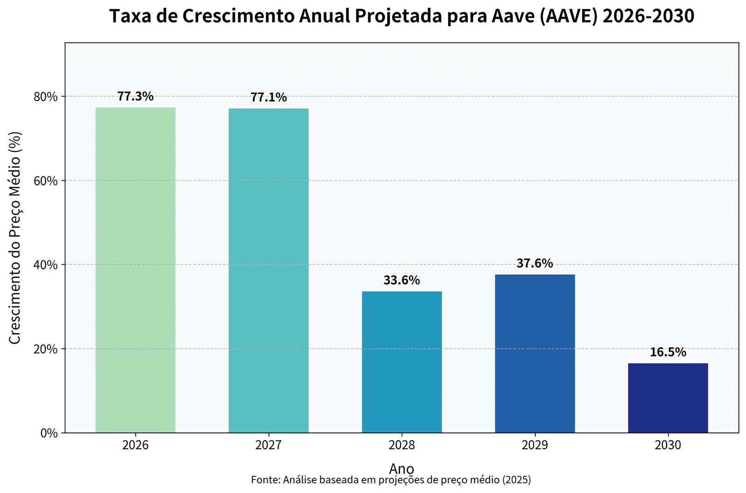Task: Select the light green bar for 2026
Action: click(x=135, y=270)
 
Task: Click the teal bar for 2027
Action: click(x=269, y=270)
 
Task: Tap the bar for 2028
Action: click(x=402, y=362)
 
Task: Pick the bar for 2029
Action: click(x=535, y=354)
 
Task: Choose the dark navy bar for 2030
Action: click(x=668, y=398)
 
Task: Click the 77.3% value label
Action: click(x=135, y=96)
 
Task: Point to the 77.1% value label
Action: click(x=269, y=97)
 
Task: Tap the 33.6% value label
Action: click(x=402, y=281)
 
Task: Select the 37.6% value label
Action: click(x=535, y=264)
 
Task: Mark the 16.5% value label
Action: click(x=668, y=352)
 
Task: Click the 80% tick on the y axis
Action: click(x=46, y=97)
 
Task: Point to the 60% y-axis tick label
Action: click(x=46, y=181)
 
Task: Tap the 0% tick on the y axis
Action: click(x=49, y=433)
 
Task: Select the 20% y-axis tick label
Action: click(x=46, y=349)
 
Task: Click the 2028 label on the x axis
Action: click(x=402, y=445)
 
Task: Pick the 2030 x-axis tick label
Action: click(x=668, y=445)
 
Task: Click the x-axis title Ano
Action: click(x=401, y=468)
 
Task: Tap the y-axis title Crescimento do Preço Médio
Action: click(x=15, y=238)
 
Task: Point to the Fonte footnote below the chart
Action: click(x=391, y=480)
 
